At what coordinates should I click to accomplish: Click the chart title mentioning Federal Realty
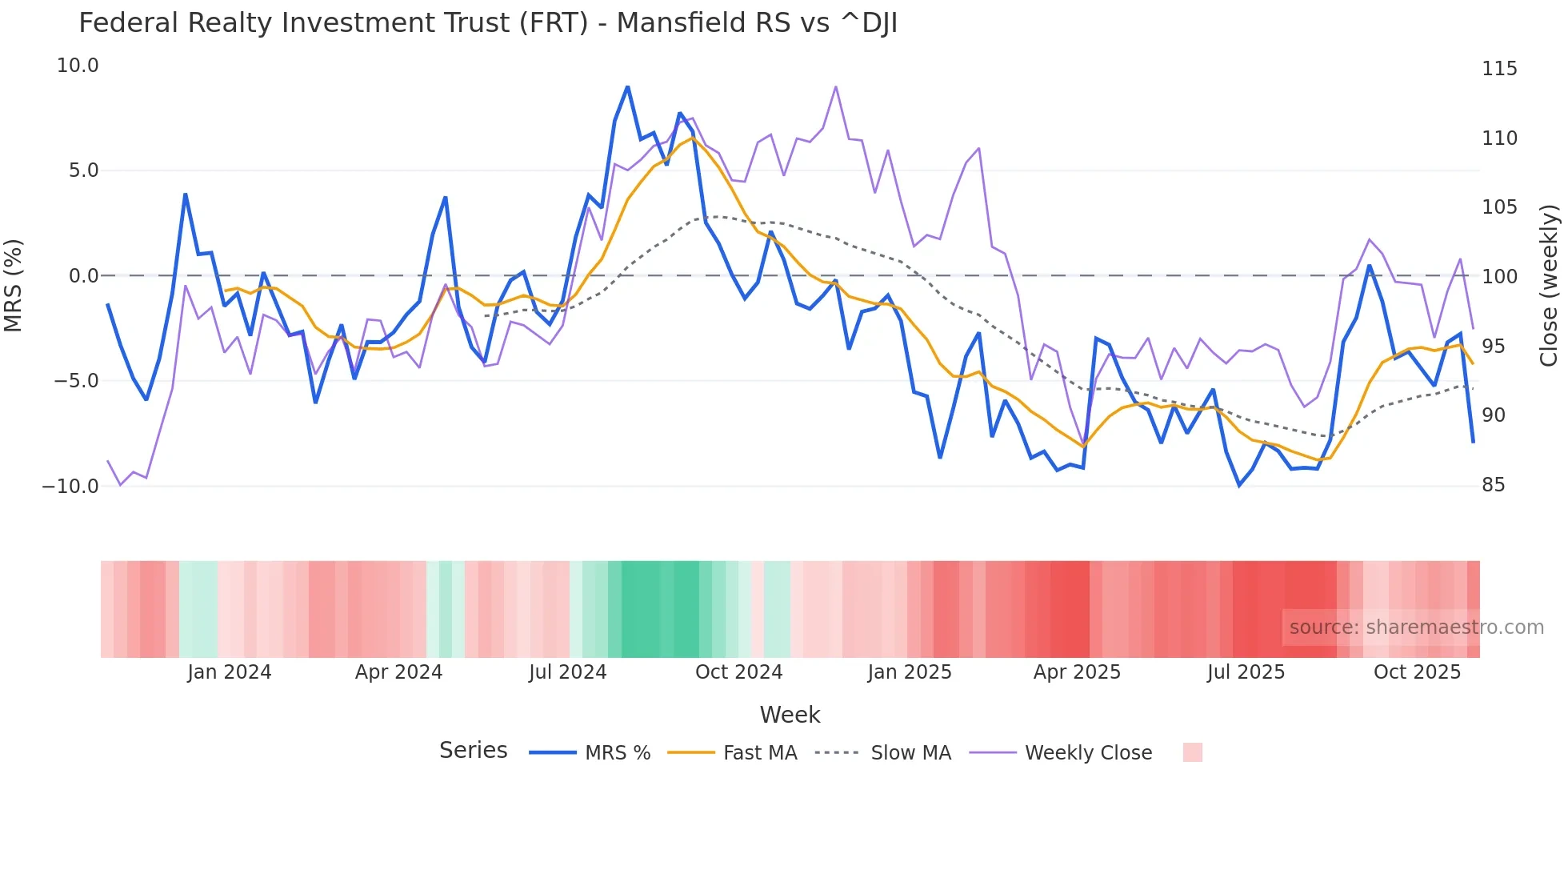(488, 23)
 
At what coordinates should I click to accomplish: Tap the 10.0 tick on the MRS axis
(78, 66)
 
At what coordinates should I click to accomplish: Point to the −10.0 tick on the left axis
(70, 486)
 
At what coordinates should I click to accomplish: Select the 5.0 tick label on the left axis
(83, 170)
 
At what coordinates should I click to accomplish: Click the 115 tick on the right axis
(1499, 69)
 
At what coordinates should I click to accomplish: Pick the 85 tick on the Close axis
(1493, 485)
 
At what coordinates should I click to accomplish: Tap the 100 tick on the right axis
(1499, 277)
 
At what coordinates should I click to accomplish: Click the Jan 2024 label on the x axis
(230, 672)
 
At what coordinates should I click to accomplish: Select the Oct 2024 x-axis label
(738, 672)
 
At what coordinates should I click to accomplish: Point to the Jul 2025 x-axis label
(1246, 672)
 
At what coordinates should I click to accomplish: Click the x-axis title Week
(790, 715)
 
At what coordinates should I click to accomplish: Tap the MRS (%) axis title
(13, 286)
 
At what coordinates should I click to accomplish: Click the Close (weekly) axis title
(1549, 286)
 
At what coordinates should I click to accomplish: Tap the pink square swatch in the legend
(1192, 752)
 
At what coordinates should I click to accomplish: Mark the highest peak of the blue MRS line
(627, 86)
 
